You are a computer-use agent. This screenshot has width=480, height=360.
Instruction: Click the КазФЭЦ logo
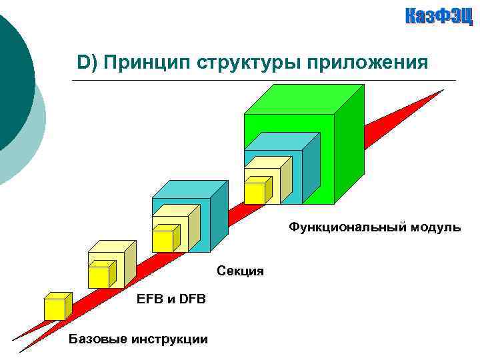point(439,17)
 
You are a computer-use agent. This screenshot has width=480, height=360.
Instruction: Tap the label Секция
point(240,271)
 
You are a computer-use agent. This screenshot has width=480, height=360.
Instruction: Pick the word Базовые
point(97,340)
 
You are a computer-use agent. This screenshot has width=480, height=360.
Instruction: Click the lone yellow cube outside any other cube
point(56,307)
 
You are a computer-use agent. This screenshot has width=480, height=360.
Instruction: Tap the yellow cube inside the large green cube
point(255,192)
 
